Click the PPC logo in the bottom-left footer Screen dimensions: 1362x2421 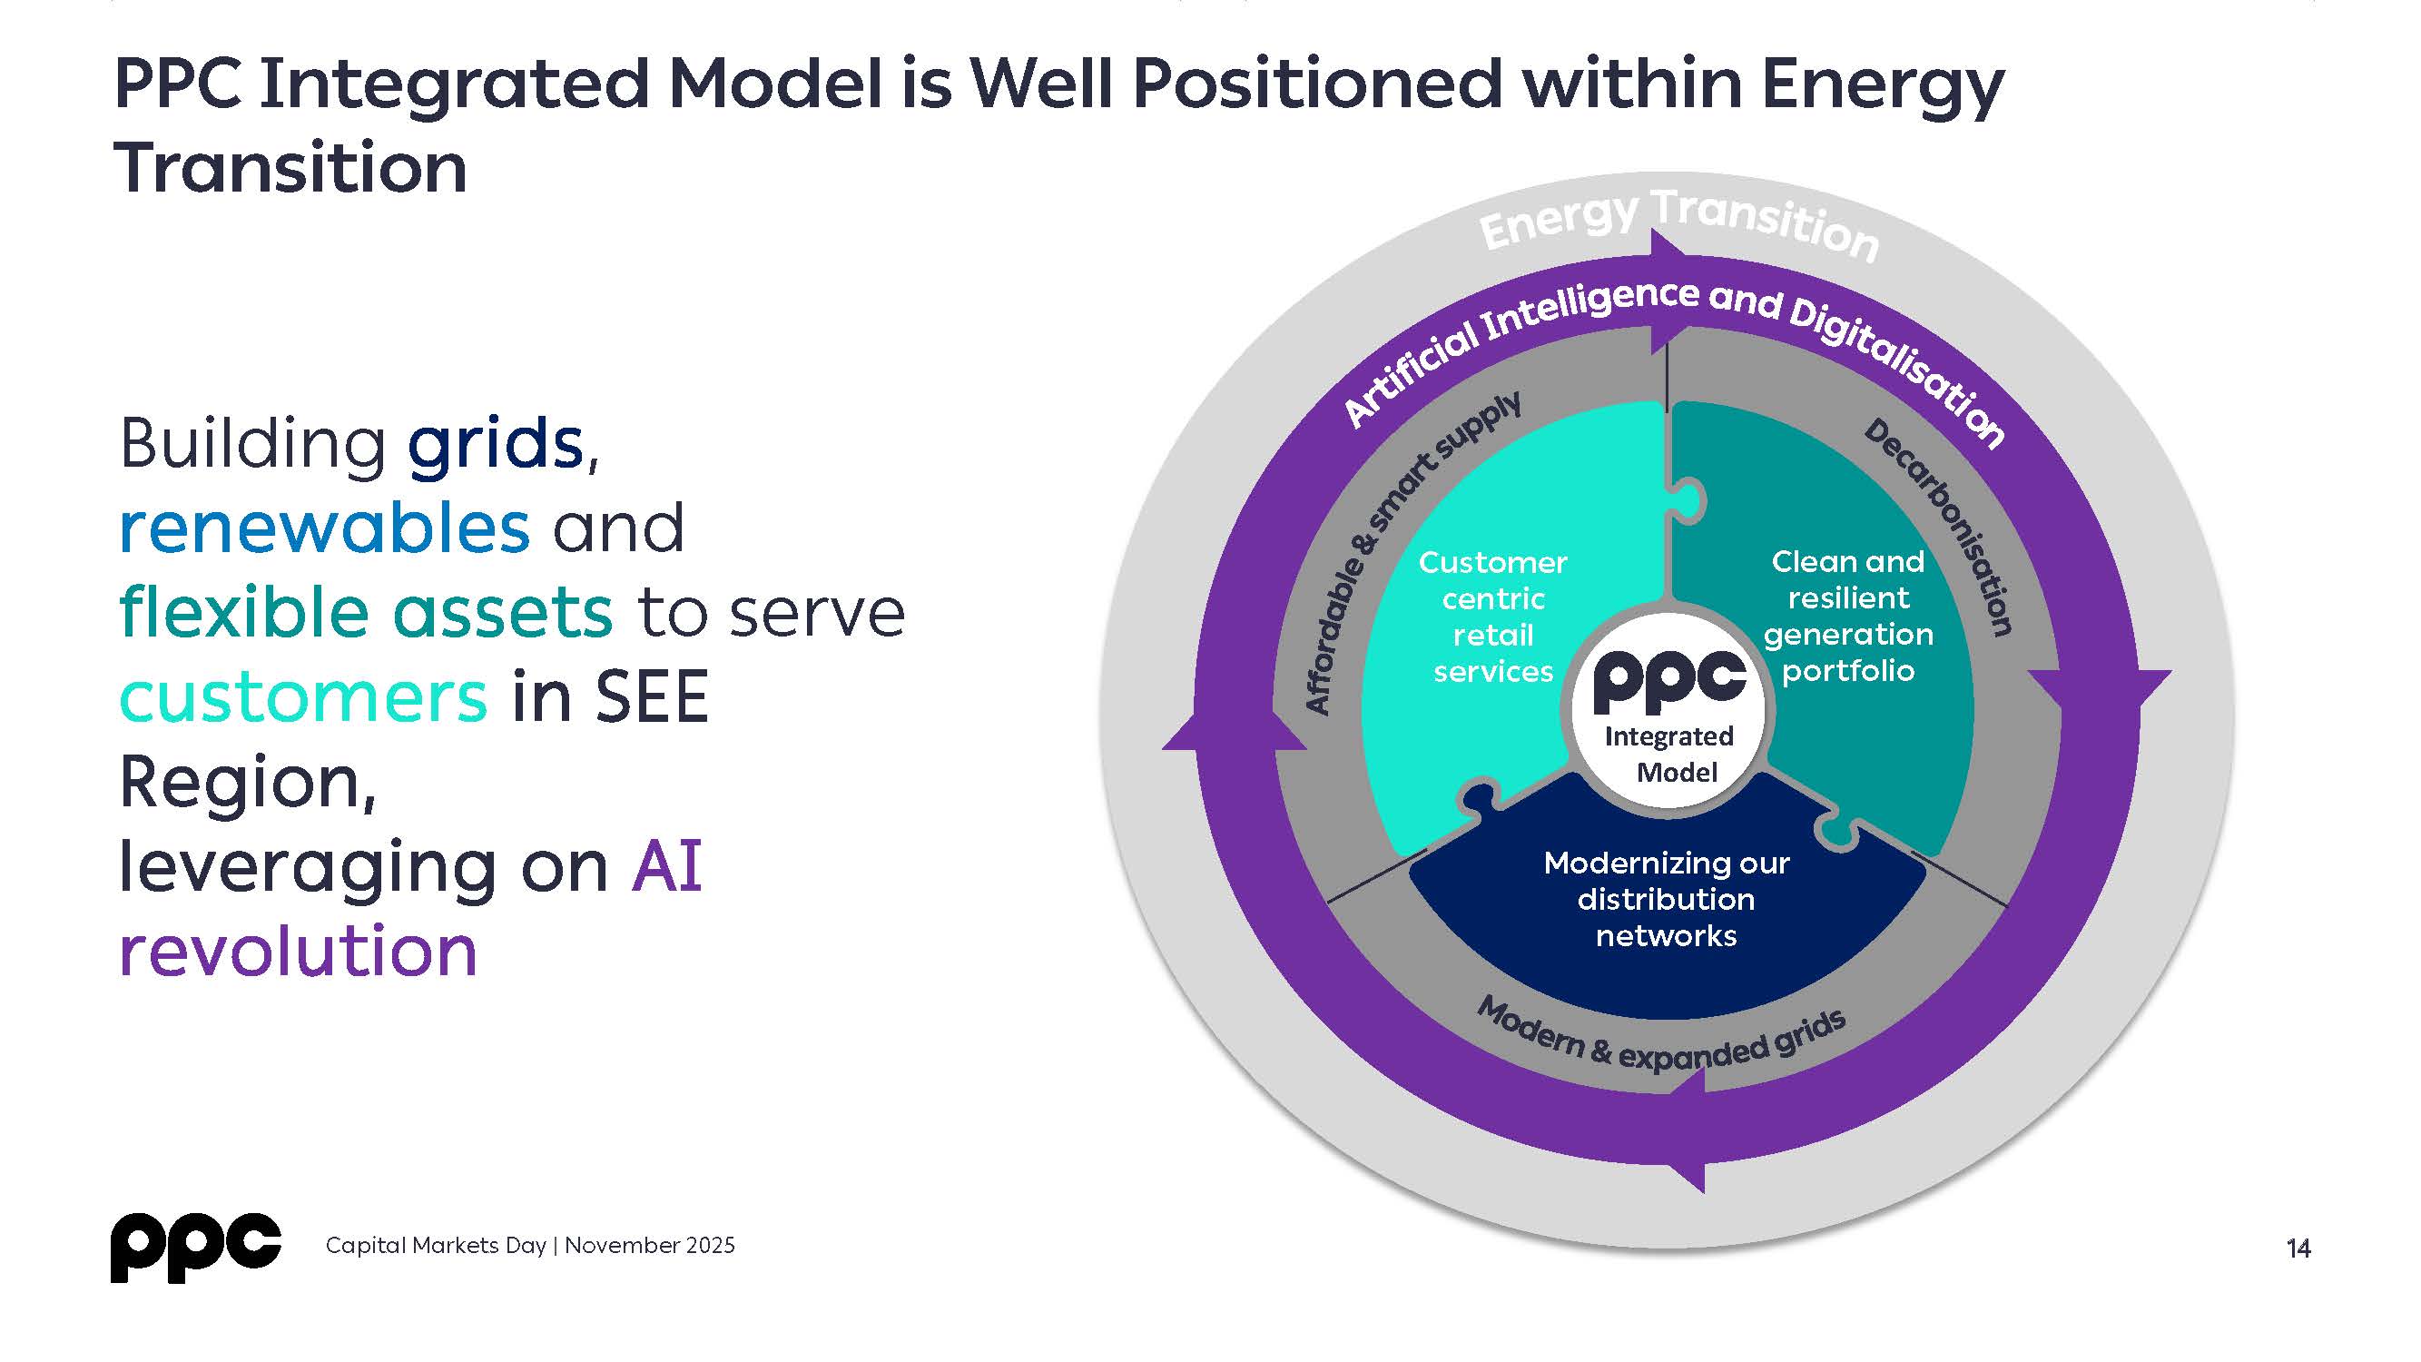click(195, 1247)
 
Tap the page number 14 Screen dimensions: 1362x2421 click(2298, 1248)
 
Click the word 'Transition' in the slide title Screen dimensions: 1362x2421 click(290, 168)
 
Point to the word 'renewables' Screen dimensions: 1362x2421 click(324, 528)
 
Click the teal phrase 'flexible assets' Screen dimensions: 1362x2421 click(367, 612)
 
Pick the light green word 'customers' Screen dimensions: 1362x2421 click(303, 696)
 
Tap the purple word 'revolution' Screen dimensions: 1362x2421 click(298, 951)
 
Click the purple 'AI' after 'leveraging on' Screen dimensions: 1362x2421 click(667, 865)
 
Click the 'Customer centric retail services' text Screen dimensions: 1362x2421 click(1492, 617)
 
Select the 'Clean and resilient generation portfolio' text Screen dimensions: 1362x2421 click(1847, 616)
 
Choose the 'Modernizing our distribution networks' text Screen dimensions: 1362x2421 click(1667, 899)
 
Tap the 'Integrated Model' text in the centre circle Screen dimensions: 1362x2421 click(1670, 754)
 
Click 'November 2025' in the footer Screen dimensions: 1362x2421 click(649, 1246)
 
